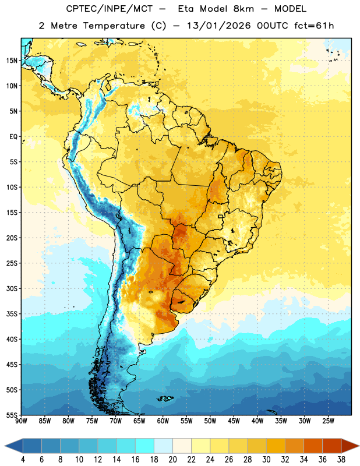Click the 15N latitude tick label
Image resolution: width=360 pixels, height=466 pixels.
(x=12, y=61)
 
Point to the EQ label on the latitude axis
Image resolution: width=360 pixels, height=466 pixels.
(x=13, y=137)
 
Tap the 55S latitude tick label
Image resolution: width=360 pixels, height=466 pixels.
(x=12, y=415)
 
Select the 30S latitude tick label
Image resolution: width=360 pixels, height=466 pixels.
(x=12, y=288)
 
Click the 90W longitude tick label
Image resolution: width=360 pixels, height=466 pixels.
(x=22, y=421)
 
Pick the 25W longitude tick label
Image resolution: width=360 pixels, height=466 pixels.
(x=328, y=421)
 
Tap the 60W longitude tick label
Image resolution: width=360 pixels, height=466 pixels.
(x=163, y=421)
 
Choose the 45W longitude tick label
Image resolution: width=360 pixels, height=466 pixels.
(x=234, y=421)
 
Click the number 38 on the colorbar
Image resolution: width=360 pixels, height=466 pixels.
(x=341, y=460)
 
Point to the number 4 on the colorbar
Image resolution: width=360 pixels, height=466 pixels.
(x=23, y=460)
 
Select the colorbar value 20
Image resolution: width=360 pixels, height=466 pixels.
(x=172, y=460)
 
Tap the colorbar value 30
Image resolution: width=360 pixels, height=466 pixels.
(x=266, y=460)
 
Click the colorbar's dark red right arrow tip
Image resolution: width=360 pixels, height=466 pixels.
(x=359, y=446)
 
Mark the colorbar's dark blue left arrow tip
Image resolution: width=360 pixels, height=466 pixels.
(x=5, y=446)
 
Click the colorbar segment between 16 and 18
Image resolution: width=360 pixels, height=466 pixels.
(x=145, y=446)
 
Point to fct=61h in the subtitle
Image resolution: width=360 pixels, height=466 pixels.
(x=314, y=26)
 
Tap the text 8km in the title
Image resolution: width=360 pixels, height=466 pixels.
(x=243, y=9)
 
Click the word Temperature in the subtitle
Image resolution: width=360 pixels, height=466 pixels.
(x=114, y=26)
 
